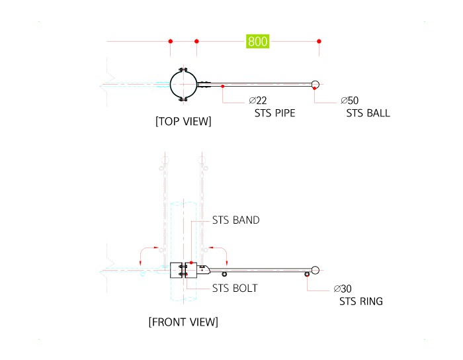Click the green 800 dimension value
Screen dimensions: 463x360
point(257,41)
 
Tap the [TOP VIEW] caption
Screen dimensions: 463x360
point(183,121)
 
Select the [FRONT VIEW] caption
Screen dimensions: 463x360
point(183,322)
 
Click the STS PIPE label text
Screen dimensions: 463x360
point(275,113)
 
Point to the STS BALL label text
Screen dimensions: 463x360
point(368,113)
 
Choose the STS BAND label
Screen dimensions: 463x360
point(236,220)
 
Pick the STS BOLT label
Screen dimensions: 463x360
point(235,289)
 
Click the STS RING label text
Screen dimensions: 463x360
point(361,301)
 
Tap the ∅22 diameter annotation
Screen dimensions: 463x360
point(258,101)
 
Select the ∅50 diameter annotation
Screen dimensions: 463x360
point(350,101)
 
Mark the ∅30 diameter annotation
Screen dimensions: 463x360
point(343,289)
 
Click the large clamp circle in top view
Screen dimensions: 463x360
point(171,85)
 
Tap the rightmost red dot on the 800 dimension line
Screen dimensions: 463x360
point(319,41)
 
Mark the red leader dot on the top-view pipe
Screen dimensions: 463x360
point(223,86)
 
